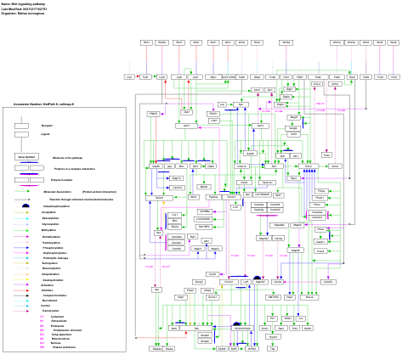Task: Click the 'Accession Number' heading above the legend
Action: coord(43,104)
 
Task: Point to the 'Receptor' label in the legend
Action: coord(47,125)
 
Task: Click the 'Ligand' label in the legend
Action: coord(46,134)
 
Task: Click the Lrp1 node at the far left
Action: coord(129,76)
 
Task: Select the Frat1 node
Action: coord(327,155)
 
